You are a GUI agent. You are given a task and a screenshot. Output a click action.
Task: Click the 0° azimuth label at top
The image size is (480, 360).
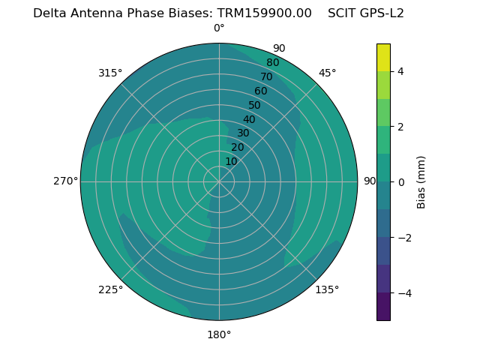coord(219,28)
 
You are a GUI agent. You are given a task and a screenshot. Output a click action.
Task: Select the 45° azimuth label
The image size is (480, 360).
coord(327,73)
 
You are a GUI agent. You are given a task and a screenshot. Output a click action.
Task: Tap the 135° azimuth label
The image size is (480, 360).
coord(327,289)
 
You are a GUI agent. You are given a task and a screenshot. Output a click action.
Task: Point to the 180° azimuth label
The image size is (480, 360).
coord(219,334)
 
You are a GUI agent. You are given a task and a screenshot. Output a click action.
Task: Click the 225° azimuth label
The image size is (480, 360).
coord(110,289)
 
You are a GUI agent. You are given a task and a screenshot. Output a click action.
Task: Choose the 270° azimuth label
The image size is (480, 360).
coord(66,181)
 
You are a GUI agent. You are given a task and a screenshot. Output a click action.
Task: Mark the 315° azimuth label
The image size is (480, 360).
coord(110,73)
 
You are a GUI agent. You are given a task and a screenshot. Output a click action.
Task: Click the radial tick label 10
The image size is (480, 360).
coord(231,161)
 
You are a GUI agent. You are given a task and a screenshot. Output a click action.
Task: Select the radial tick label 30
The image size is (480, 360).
coord(243,133)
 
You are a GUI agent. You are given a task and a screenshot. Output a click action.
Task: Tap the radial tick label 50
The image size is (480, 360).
coord(254,106)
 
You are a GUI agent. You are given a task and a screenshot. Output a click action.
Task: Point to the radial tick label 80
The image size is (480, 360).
coord(272,63)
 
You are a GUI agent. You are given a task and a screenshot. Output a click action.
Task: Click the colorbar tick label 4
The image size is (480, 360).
coord(400,71)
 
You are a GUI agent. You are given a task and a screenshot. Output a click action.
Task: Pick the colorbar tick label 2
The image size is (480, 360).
coord(400,127)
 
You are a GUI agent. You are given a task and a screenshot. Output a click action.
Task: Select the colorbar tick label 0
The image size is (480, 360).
coord(400,182)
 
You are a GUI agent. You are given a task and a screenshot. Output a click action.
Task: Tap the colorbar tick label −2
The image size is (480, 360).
coord(403,238)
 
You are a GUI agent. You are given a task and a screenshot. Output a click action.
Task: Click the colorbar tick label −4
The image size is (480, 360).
coord(403,293)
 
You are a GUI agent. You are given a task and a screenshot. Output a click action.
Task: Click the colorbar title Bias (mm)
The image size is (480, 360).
coord(421,182)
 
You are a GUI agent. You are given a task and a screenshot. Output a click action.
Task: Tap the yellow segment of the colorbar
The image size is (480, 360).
coord(383,58)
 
